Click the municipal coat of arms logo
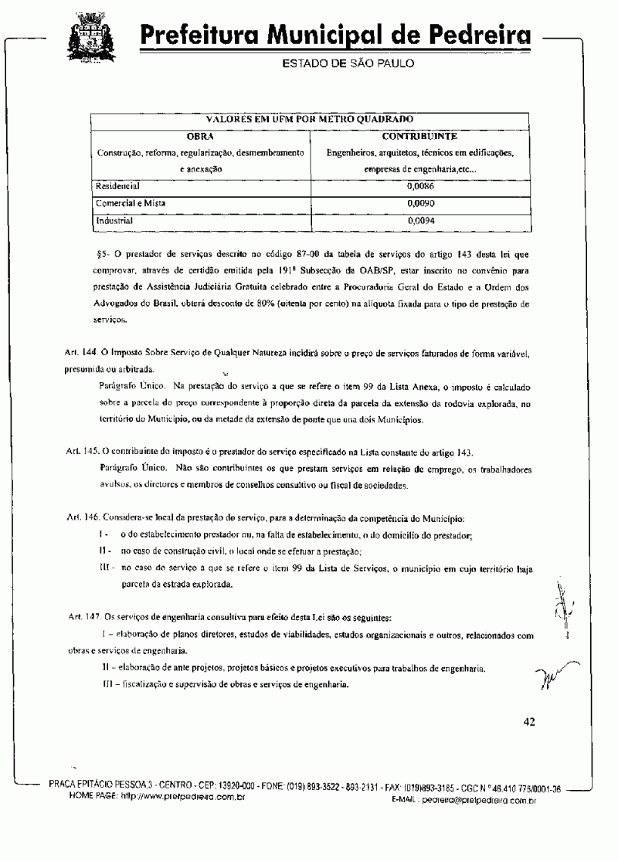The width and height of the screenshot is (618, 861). click(96, 39)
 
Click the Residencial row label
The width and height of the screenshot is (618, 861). click(117, 186)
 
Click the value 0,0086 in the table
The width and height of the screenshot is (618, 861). click(419, 186)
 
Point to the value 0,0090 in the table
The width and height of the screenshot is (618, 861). click(419, 203)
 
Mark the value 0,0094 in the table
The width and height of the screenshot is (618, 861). click(419, 220)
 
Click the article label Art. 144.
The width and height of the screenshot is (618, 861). click(83, 352)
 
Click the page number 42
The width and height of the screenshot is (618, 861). click(529, 722)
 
